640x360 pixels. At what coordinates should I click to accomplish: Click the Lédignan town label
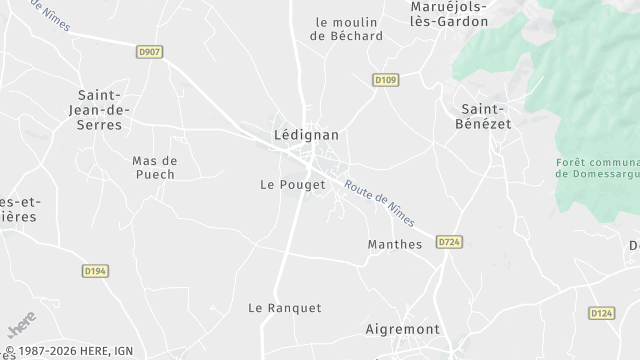pyautogui.click(x=306, y=134)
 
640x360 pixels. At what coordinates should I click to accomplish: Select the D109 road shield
pyautogui.click(x=386, y=80)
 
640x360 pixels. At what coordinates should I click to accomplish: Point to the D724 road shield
pyautogui.click(x=449, y=241)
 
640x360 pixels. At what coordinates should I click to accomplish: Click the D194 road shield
pyautogui.click(x=95, y=270)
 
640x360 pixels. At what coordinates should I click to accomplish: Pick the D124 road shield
pyautogui.click(x=601, y=313)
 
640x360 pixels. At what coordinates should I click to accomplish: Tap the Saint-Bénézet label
pyautogui.click(x=485, y=116)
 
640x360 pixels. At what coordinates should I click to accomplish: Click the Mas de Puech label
pyautogui.click(x=154, y=167)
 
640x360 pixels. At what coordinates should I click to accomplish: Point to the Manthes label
pyautogui.click(x=395, y=244)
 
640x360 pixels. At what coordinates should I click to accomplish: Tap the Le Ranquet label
pyautogui.click(x=285, y=308)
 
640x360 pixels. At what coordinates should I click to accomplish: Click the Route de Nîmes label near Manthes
pyautogui.click(x=379, y=202)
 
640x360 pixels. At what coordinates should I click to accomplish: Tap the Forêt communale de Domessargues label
pyautogui.click(x=598, y=167)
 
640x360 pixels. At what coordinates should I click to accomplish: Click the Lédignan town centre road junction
pyautogui.click(x=311, y=160)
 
